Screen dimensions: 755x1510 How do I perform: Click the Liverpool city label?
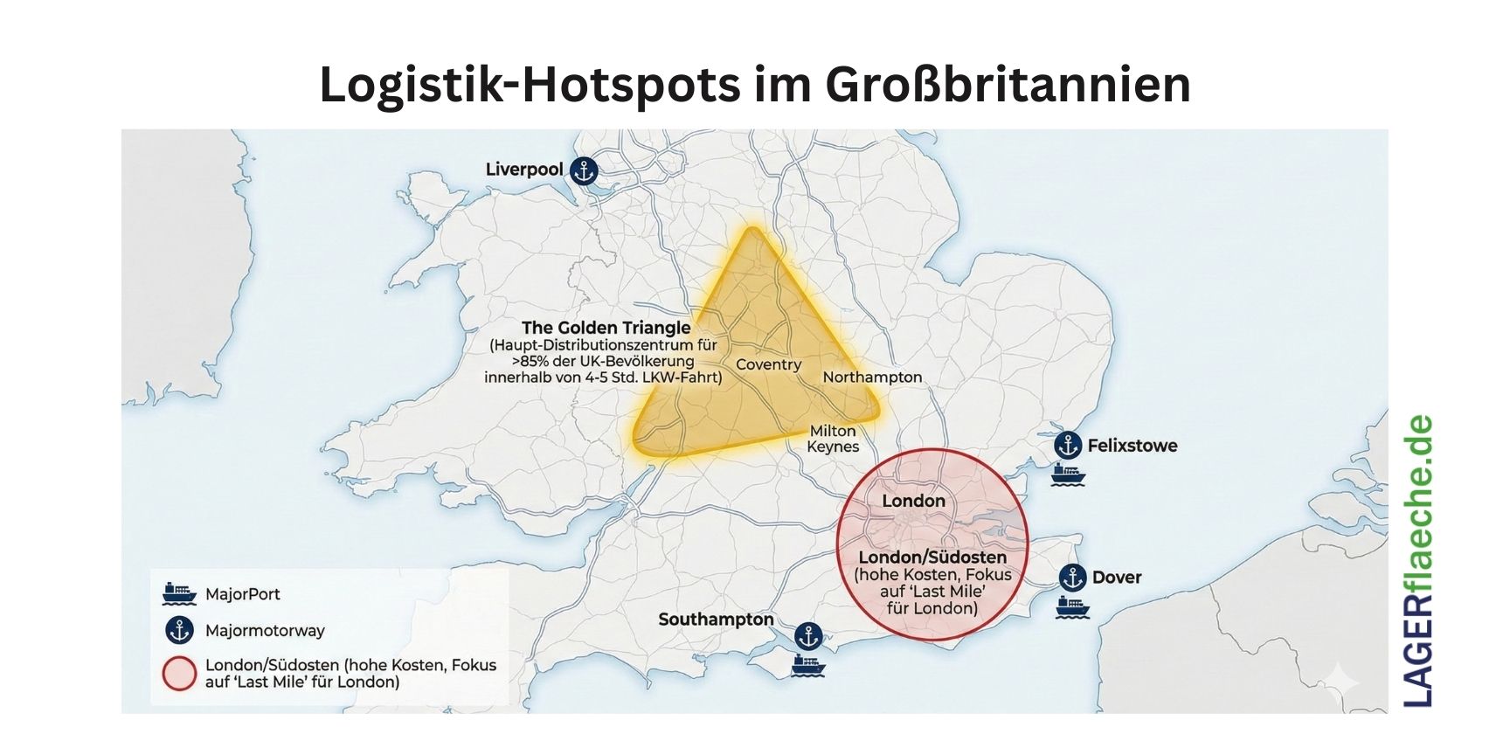tap(524, 170)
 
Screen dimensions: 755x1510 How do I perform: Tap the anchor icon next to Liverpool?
tap(583, 171)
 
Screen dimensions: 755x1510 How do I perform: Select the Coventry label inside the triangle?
tap(768, 364)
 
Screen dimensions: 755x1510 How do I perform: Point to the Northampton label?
tap(872, 377)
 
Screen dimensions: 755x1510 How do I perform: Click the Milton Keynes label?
tap(833, 439)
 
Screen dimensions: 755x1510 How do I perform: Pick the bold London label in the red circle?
tap(913, 501)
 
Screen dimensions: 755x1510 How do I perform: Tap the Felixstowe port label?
tap(1132, 446)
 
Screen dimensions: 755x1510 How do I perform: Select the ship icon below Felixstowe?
tap(1068, 475)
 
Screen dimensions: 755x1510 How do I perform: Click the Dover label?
tap(1117, 578)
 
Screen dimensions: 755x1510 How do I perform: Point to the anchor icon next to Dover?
tap(1072, 578)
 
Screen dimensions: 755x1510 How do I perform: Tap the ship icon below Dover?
tap(1072, 606)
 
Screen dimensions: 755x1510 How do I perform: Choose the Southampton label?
tap(716, 620)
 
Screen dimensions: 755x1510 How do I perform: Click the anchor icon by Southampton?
tap(808, 636)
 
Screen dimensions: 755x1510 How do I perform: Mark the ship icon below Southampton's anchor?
tap(808, 666)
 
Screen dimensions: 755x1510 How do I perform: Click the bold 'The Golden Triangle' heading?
tap(606, 328)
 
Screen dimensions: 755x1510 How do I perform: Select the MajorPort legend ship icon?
tap(179, 594)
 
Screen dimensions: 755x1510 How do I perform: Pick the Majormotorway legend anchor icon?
tap(179, 630)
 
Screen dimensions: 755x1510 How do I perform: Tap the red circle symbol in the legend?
tap(179, 674)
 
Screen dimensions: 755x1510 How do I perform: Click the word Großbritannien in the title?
tap(1007, 85)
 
